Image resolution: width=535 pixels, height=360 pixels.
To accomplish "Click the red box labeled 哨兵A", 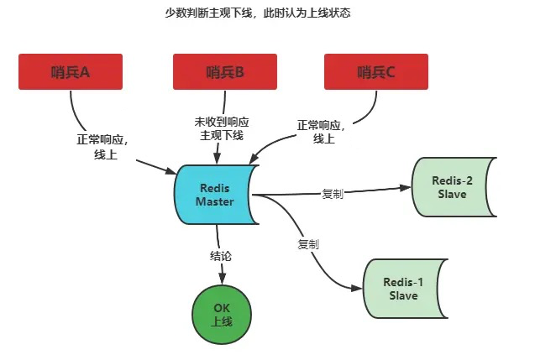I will (x=71, y=71).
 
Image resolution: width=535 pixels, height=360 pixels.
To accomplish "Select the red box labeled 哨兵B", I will (x=224, y=71).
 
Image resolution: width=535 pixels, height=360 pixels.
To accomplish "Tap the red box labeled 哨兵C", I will (x=375, y=71).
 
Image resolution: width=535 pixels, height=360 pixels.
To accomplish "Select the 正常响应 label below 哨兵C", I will (x=322, y=133).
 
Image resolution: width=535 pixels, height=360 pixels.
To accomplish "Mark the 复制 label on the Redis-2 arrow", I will (x=333, y=193).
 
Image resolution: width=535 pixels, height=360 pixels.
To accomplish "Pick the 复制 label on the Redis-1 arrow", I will (x=308, y=244).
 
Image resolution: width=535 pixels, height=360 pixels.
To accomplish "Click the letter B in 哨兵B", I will (x=239, y=72).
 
